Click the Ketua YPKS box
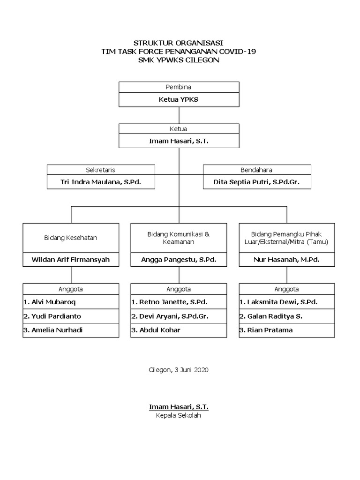[x=179, y=100]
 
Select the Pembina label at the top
[x=179, y=87]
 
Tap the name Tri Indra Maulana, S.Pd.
[x=101, y=182]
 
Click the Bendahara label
[x=256, y=170]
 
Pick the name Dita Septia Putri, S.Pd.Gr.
[x=256, y=182]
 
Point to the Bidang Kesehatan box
[x=71, y=238]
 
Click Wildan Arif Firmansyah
[x=71, y=259]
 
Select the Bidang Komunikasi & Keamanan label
[x=179, y=238]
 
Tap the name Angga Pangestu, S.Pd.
[x=179, y=259]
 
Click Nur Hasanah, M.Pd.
[x=286, y=259]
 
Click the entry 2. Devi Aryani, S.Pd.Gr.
[x=169, y=316]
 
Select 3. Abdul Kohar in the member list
[x=155, y=330]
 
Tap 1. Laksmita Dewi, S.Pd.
[x=272, y=302]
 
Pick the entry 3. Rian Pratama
[x=266, y=330]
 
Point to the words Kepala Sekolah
[x=179, y=415]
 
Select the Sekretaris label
[x=101, y=170]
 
